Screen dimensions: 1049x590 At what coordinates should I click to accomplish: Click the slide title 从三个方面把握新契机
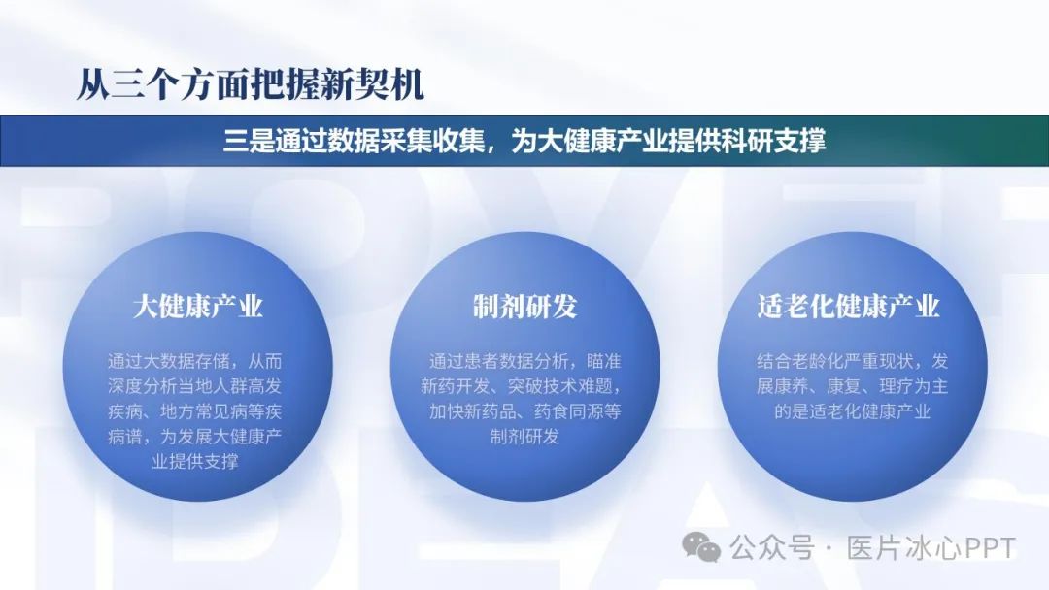coord(251,84)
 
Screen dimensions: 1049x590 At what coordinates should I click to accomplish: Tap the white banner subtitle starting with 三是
coord(524,141)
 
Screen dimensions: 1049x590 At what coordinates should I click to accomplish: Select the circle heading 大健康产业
coord(197,307)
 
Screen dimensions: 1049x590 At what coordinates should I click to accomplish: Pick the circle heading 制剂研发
coord(524,307)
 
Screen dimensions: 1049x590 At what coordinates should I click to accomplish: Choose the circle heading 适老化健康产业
coord(848,307)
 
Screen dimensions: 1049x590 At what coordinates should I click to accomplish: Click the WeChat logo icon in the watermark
coord(701,548)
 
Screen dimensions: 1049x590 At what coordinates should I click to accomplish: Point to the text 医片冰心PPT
coord(931,548)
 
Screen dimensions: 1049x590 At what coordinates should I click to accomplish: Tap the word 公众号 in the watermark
coord(771,548)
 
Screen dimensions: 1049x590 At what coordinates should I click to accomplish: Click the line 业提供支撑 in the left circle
coord(194,462)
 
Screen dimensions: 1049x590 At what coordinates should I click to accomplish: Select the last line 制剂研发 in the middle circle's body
coord(524,437)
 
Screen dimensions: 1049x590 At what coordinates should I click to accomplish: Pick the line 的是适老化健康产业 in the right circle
coord(853,411)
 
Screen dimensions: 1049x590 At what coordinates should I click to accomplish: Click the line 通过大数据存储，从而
coord(194,362)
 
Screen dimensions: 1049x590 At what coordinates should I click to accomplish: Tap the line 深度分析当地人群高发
coord(194,386)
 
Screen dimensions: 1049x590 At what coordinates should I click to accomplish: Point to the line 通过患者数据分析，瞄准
coord(524,362)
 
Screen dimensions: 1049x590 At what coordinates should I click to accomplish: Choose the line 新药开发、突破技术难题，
coord(522,386)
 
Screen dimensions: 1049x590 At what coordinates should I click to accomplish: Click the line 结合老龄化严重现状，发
coord(853,362)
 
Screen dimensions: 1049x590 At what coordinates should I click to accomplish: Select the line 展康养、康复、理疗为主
coord(853,386)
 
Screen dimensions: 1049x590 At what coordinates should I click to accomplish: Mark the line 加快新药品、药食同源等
coord(524,411)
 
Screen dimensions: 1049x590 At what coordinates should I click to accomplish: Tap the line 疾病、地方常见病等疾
coord(194,411)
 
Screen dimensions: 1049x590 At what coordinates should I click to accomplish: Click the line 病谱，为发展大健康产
coord(194,437)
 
